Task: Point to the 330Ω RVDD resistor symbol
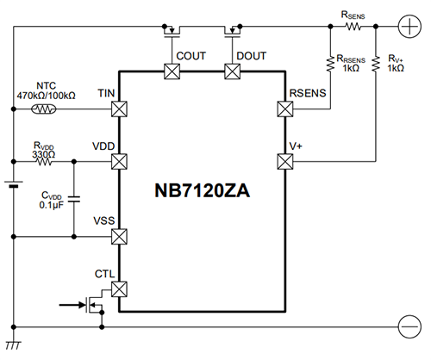[x=43, y=160]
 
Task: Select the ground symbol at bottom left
[x=14, y=345]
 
